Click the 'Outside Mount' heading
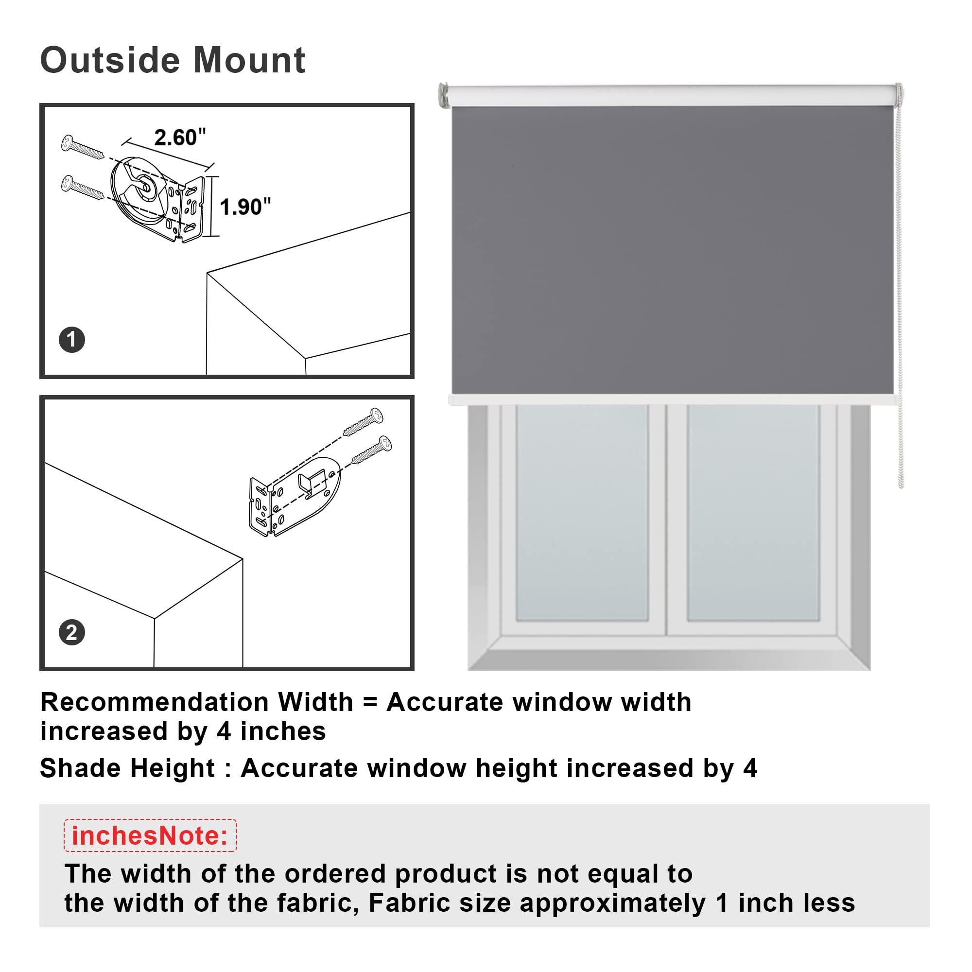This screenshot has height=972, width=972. tap(173, 61)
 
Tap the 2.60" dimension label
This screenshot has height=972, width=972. tap(180, 138)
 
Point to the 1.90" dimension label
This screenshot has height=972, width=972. tap(245, 207)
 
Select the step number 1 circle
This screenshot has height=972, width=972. tap(71, 340)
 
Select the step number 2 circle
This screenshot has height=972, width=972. tap(71, 632)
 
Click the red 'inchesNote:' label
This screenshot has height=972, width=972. tap(150, 835)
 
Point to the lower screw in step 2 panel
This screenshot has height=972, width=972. tap(372, 449)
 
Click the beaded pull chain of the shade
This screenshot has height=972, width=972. tap(900, 302)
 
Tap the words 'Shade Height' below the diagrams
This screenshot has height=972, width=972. tap(127, 768)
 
